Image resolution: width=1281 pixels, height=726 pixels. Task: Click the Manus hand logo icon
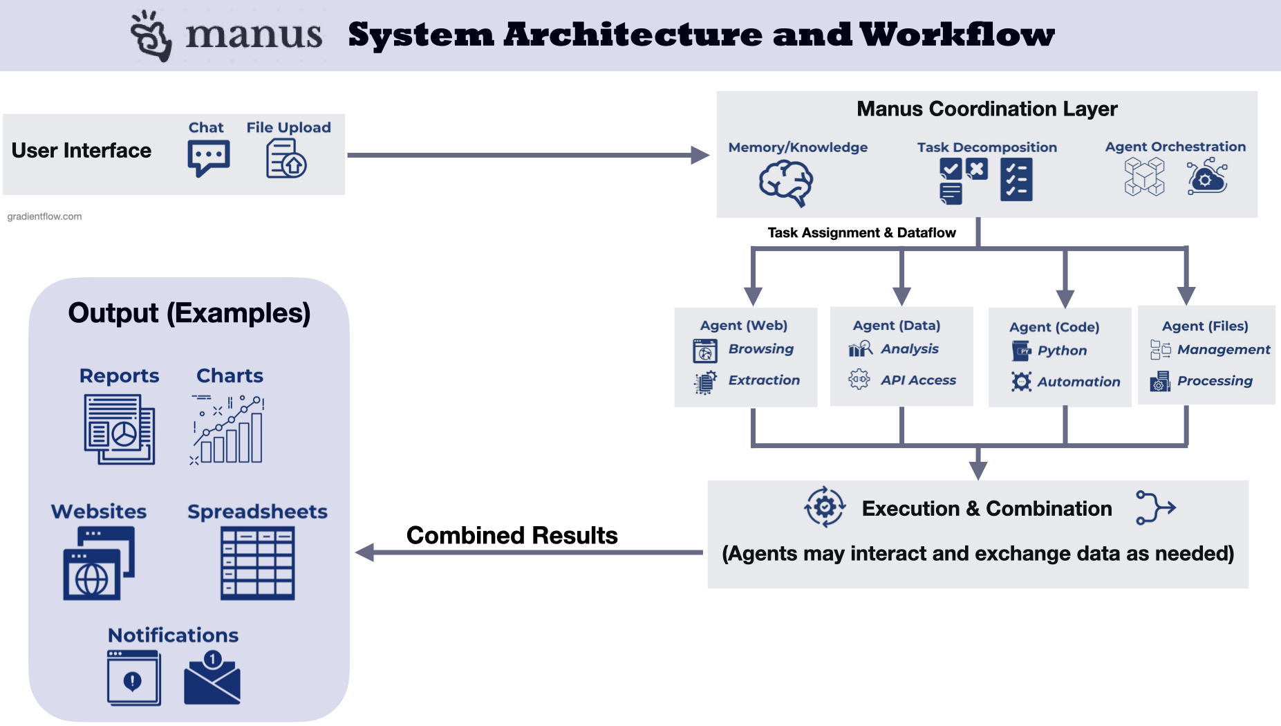click(x=151, y=36)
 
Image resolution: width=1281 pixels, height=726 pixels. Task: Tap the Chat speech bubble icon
click(x=208, y=158)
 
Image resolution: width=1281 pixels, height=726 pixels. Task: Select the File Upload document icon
click(x=286, y=159)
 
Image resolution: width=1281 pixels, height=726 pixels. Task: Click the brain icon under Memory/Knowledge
click(x=786, y=183)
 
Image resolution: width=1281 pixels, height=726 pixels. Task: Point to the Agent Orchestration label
click(x=1175, y=147)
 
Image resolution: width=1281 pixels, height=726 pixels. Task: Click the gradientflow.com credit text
click(x=44, y=216)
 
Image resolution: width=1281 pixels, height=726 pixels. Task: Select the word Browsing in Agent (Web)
click(x=760, y=349)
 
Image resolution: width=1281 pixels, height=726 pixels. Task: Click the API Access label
click(x=917, y=380)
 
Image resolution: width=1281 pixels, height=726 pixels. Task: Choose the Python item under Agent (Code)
click(x=1061, y=351)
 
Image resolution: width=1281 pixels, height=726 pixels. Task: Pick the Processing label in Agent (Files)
click(x=1214, y=381)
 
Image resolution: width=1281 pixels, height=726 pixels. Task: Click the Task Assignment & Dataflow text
click(x=861, y=233)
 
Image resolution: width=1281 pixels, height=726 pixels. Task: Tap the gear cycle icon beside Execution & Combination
click(x=824, y=507)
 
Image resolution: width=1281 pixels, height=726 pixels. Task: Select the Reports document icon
click(x=120, y=429)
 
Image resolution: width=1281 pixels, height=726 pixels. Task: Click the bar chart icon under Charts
click(x=228, y=429)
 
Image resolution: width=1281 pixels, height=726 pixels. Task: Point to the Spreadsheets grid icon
click(x=257, y=563)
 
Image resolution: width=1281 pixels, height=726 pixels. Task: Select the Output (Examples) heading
click(x=189, y=313)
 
